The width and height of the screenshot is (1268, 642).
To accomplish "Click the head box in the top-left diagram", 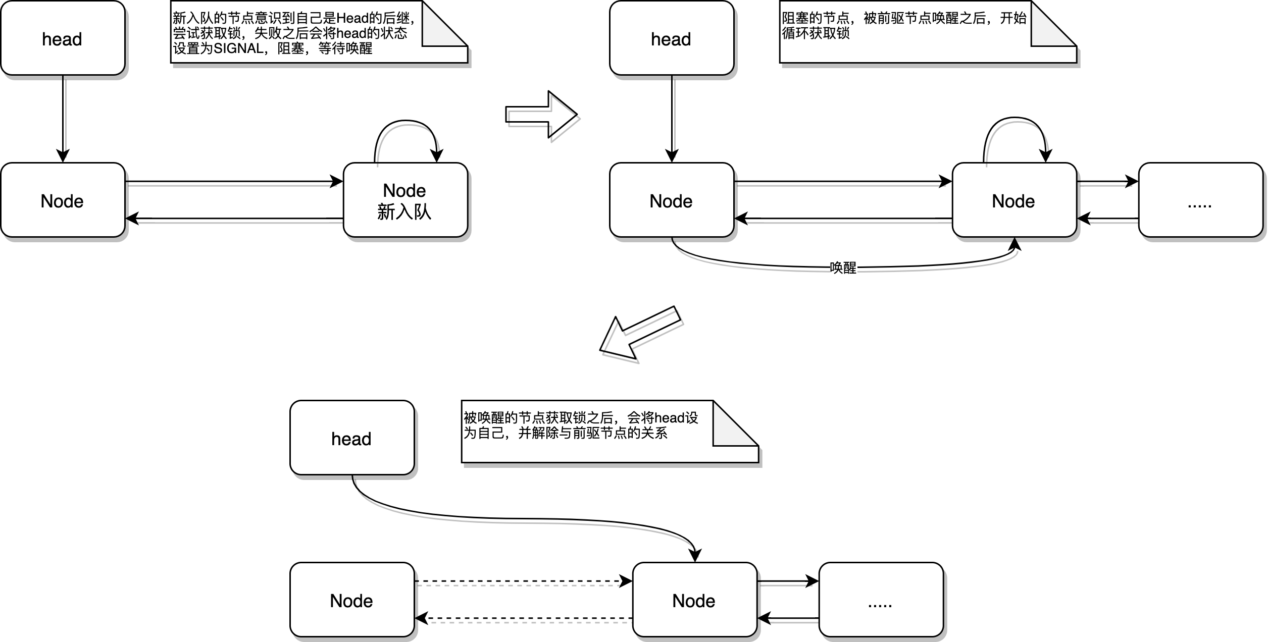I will tap(63, 38).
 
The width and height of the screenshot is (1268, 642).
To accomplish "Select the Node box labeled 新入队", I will tap(405, 200).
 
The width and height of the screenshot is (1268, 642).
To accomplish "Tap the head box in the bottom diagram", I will tap(352, 438).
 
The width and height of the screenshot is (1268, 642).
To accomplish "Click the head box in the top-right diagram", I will tap(671, 38).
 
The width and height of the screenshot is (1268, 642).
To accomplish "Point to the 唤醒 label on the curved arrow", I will tap(843, 268).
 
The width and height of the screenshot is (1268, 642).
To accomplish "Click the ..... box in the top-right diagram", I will tap(1200, 200).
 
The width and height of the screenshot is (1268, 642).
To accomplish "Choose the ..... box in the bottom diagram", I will tap(881, 600).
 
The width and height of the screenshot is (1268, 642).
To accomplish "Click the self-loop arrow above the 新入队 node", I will tap(405, 122).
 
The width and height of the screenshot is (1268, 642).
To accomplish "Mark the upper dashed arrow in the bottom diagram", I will tap(523, 581).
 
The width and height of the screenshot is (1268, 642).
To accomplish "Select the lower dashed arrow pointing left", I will tap(523, 618).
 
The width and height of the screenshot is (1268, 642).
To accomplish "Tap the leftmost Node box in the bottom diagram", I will tap(352, 600).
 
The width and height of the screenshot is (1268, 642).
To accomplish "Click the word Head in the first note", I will tap(352, 19).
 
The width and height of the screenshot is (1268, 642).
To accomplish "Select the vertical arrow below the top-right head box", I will tap(672, 119).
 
